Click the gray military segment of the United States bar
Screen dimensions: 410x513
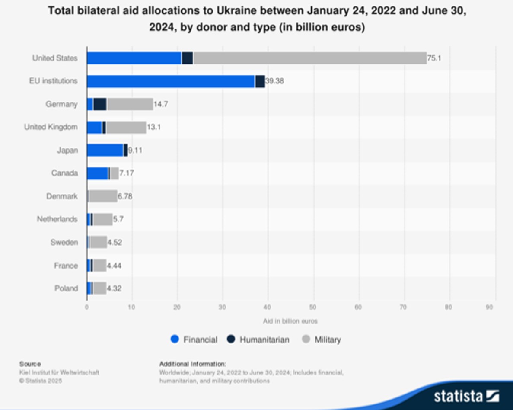pyautogui.click(x=309, y=58)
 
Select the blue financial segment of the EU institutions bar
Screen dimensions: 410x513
pyautogui.click(x=171, y=81)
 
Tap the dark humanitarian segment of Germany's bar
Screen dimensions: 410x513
pyautogui.click(x=100, y=104)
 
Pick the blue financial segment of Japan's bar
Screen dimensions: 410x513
pyautogui.click(x=105, y=151)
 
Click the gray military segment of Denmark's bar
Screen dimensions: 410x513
pyautogui.click(x=103, y=196)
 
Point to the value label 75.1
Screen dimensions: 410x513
pyautogui.click(x=434, y=58)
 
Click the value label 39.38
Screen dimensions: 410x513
pyautogui.click(x=274, y=81)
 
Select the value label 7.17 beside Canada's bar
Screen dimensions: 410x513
pyautogui.click(x=127, y=173)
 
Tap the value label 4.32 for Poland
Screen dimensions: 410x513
pyautogui.click(x=114, y=288)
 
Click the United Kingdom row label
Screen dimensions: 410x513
pyautogui.click(x=51, y=127)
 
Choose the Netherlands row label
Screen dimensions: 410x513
pyautogui.click(x=57, y=219)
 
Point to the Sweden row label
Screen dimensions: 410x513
pyautogui.click(x=64, y=242)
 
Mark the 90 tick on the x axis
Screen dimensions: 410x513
pyautogui.click(x=489, y=307)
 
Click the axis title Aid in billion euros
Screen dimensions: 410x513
pyautogui.click(x=290, y=321)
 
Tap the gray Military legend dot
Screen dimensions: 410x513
pyautogui.click(x=306, y=340)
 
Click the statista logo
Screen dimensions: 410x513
pyautogui.click(x=466, y=396)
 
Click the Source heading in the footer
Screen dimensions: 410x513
pyautogui.click(x=30, y=364)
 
